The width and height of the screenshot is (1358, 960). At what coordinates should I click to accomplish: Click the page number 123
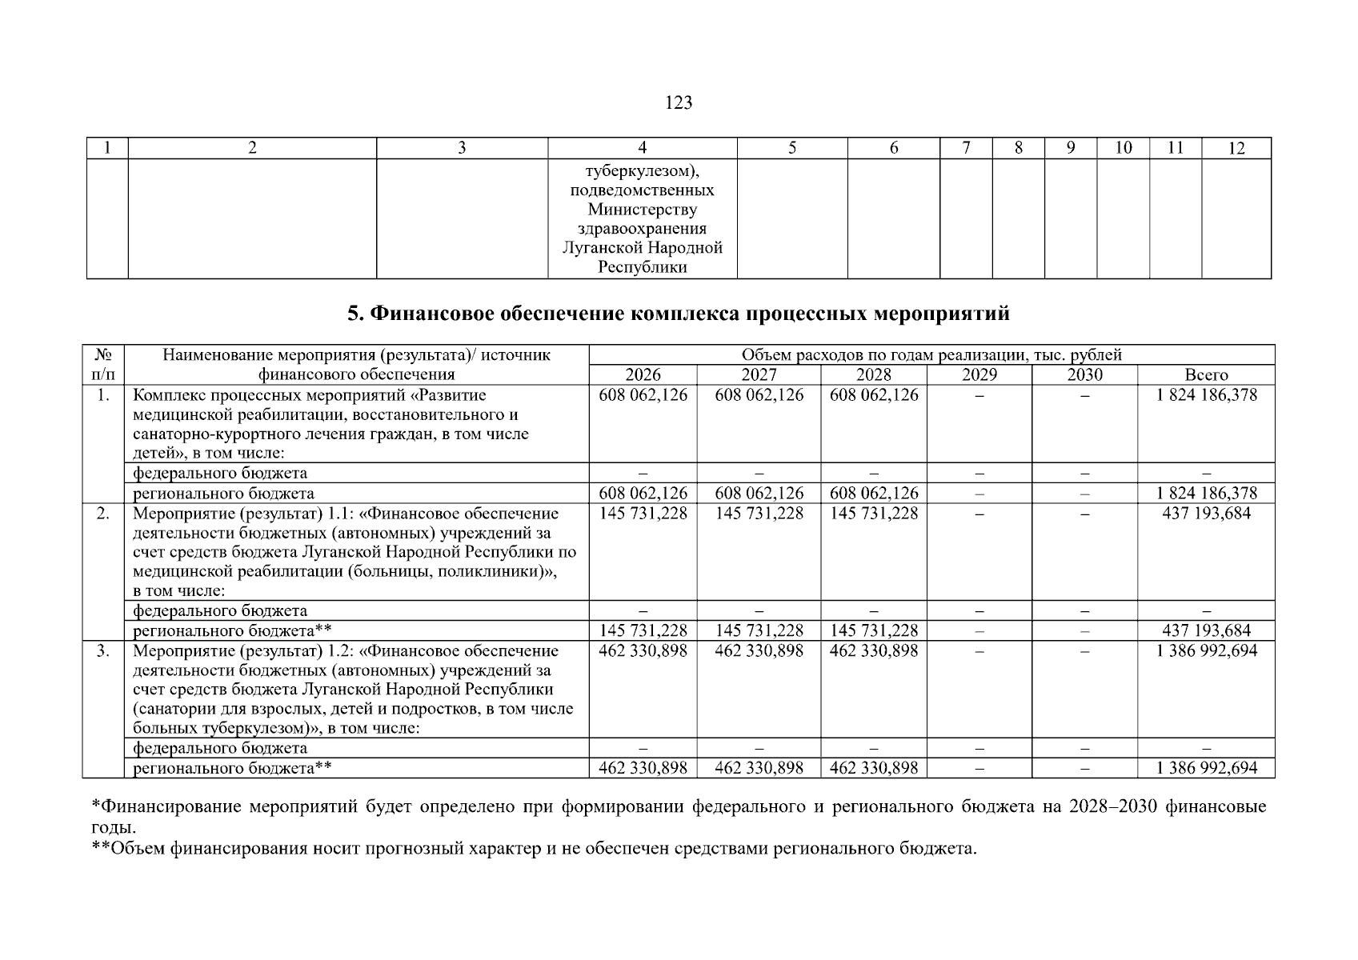pos(678,103)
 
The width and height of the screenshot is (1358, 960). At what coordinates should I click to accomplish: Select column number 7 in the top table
pos(966,148)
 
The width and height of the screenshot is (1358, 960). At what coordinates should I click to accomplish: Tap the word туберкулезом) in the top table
pos(642,171)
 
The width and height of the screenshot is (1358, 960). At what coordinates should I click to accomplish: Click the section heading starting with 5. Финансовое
pos(678,314)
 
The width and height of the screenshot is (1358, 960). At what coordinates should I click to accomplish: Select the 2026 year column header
pos(643,375)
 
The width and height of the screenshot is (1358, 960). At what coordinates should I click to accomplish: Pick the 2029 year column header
pos(979,375)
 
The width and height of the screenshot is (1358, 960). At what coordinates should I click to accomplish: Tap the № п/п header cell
pos(103,365)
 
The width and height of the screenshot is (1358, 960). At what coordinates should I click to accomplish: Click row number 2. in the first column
pos(103,514)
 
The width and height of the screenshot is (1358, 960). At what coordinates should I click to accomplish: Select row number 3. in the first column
pos(103,651)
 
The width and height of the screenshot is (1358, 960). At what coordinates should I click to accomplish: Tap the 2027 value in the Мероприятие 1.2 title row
pos(758,651)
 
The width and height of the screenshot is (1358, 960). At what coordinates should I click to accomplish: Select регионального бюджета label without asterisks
pos(223,494)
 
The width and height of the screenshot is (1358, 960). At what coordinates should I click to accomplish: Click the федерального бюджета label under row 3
pos(220,748)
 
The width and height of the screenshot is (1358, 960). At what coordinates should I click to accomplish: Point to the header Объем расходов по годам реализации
pos(931,355)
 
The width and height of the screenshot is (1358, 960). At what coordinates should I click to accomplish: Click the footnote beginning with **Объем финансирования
pos(534,848)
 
